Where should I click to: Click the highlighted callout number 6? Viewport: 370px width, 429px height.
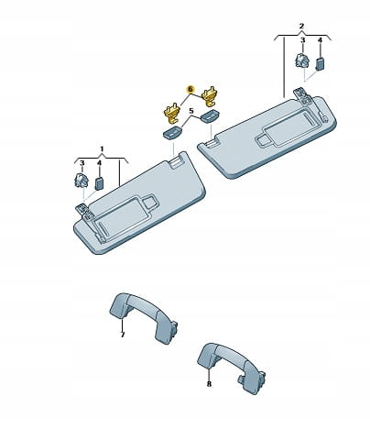(x=190, y=89)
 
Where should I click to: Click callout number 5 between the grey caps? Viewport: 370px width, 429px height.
(x=191, y=111)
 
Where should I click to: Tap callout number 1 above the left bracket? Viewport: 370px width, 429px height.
(x=102, y=148)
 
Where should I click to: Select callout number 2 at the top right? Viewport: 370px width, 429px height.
(x=301, y=26)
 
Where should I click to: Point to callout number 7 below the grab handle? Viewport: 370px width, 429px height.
(x=123, y=335)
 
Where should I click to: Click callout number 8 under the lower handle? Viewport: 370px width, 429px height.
(x=209, y=384)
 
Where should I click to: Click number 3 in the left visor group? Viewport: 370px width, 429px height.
(x=82, y=163)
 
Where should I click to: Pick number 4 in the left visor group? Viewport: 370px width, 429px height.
(x=99, y=163)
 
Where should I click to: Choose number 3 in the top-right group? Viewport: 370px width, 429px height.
(x=302, y=40)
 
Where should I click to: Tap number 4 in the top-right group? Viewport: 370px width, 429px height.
(x=320, y=40)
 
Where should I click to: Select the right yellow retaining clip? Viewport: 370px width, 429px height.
(x=211, y=95)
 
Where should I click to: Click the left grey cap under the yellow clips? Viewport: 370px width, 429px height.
(x=172, y=133)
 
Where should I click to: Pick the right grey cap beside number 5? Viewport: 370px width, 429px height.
(x=209, y=116)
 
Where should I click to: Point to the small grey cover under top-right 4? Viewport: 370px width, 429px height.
(x=320, y=63)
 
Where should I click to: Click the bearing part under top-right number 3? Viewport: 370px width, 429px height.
(x=302, y=60)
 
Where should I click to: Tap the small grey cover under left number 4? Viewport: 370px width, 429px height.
(x=99, y=183)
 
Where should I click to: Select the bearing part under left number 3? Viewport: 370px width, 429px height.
(x=82, y=180)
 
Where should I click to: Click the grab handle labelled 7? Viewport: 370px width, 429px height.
(x=144, y=317)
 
